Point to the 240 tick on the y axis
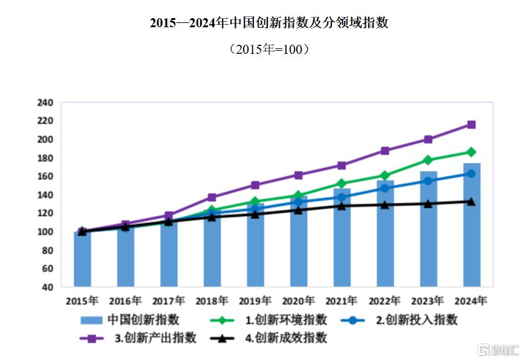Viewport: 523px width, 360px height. [46, 102]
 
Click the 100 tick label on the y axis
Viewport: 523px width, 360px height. [46, 232]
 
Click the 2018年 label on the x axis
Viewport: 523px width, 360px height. [212, 300]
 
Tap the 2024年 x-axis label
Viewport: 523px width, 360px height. [471, 300]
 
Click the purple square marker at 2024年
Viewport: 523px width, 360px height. [472, 125]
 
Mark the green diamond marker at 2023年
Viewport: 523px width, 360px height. [428, 160]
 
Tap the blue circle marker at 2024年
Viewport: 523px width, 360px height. [472, 174]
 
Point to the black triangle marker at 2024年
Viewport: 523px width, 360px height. [472, 201]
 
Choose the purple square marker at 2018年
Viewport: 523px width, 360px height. [212, 197]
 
